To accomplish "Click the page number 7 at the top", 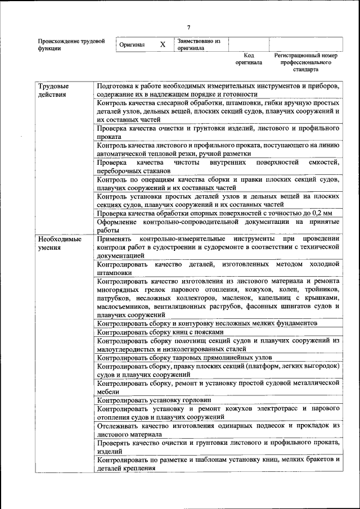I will tap(189, 27).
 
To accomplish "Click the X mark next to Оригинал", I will tap(163, 44).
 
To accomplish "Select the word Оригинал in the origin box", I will tap(132, 45).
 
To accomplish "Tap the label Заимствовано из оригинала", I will tap(199, 44).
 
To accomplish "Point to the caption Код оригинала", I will tap(249, 59).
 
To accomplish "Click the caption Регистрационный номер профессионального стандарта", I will tap(305, 63).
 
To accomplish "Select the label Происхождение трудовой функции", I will tap(71, 44).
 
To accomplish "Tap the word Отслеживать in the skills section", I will tap(119, 426).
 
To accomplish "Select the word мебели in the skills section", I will tap(108, 391).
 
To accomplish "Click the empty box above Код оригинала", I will tap(249, 44).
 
